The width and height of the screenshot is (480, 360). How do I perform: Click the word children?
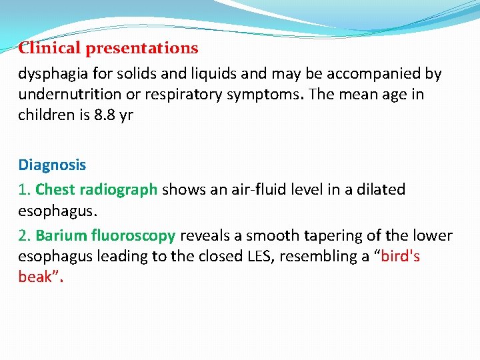(44, 114)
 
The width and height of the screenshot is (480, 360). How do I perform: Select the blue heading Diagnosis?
(52, 164)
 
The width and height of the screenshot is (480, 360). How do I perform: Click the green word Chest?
(55, 189)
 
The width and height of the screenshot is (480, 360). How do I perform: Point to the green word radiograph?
(119, 189)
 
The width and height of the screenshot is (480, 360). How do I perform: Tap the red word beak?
(34, 276)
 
